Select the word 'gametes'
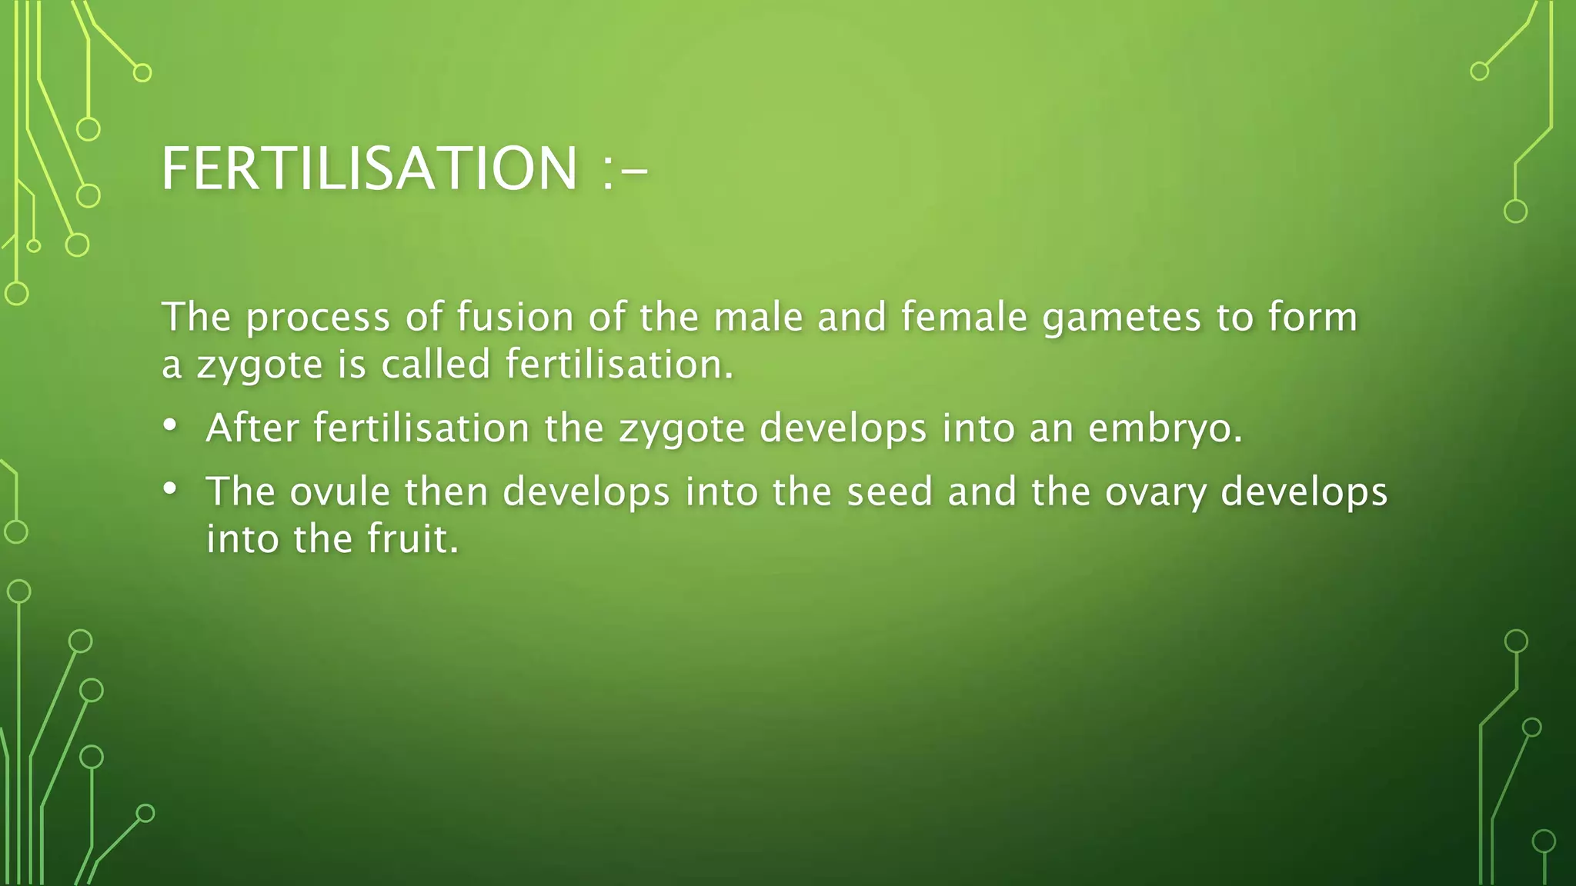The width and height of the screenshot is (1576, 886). coord(1121,318)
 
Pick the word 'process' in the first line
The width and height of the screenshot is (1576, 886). coord(318,318)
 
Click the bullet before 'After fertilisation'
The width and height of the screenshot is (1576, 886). coord(170,425)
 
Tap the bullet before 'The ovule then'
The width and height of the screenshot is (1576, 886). coord(170,488)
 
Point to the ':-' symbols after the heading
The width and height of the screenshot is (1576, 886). coord(623,171)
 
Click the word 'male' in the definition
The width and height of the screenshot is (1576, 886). coord(758,317)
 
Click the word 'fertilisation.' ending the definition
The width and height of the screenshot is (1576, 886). coord(619,364)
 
